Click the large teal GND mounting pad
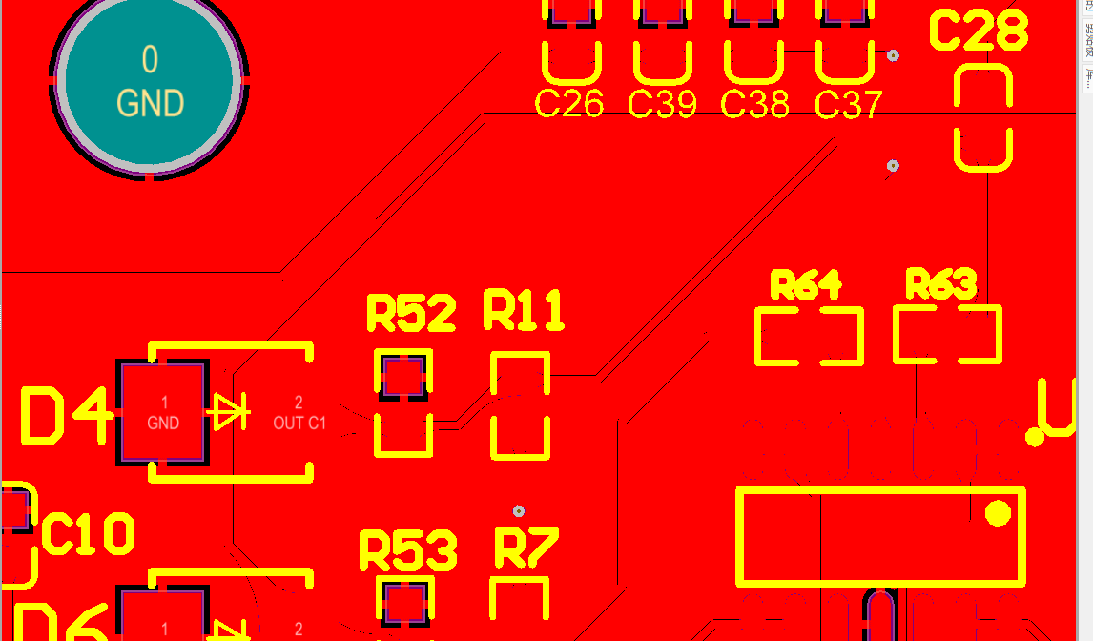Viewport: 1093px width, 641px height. pos(150,82)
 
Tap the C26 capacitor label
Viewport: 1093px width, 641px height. pos(569,103)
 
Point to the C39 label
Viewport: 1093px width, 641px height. pos(662,103)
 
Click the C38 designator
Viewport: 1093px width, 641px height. pos(754,103)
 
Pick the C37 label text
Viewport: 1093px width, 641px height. pos(848,104)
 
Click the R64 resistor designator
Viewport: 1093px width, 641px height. pos(806,284)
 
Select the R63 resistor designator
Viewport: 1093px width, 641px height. pos(941,283)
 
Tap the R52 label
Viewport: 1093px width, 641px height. pos(411,314)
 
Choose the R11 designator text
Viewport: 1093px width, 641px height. pos(524,311)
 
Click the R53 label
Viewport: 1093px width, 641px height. pos(408,551)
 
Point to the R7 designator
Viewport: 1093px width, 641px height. pos(526,547)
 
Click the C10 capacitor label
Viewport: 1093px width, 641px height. pos(88,534)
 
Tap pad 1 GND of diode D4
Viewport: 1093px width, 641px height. pos(163,413)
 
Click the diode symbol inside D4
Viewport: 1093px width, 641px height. pos(230,413)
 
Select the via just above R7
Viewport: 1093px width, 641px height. pos(519,511)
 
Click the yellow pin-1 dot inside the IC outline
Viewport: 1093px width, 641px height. pos(998,513)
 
